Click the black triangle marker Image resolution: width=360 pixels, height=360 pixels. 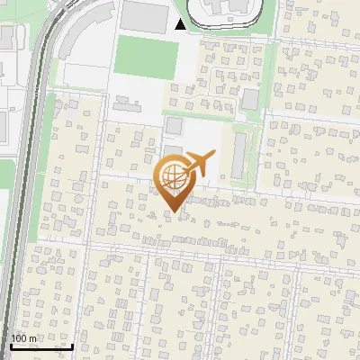point(181,24)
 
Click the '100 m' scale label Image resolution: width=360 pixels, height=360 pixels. point(24,338)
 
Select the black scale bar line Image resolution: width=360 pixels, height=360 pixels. point(40,346)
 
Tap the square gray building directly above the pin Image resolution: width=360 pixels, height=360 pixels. point(174,125)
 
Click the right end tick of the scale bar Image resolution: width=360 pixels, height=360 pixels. point(72,346)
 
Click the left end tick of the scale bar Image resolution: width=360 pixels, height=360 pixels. point(9,346)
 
